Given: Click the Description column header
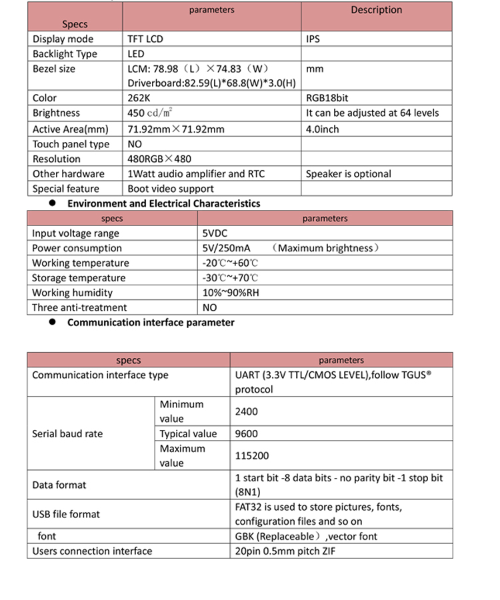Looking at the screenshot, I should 377,10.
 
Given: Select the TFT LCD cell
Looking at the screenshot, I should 145,39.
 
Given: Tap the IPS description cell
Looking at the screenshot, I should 313,39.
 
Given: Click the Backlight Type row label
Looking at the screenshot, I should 65,54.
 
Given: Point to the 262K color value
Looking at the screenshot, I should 139,98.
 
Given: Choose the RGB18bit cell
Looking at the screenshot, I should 327,98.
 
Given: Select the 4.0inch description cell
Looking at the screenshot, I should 323,129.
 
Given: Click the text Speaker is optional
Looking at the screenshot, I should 349,173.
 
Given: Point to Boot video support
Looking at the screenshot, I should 171,189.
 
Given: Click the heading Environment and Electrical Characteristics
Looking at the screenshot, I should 163,203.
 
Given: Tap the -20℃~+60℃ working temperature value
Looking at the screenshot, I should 230,263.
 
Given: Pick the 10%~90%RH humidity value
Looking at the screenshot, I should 231,293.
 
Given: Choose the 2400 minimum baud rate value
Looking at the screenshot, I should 247,411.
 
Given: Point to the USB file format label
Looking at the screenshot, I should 66,514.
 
